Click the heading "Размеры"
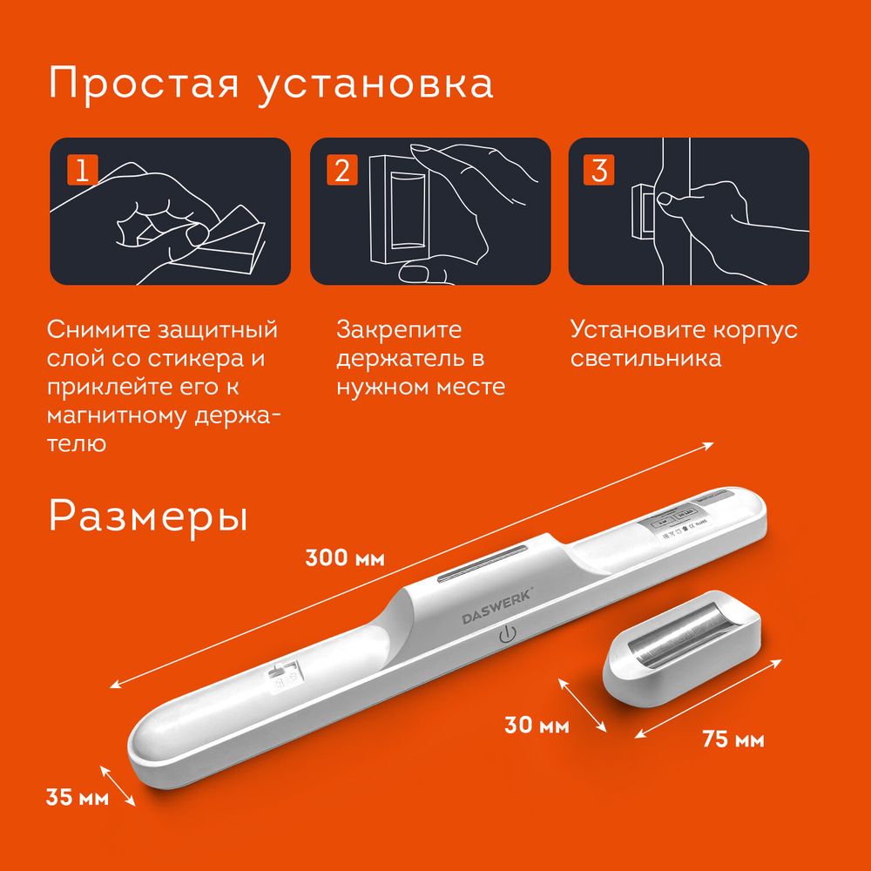click(148, 516)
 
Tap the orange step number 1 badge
click(81, 169)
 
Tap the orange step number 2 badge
click(341, 169)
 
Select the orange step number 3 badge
click(599, 169)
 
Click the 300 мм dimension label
click(345, 558)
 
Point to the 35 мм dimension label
click(77, 796)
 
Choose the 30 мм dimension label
click(537, 725)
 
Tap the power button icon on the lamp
click(509, 635)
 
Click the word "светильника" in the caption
click(646, 359)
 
